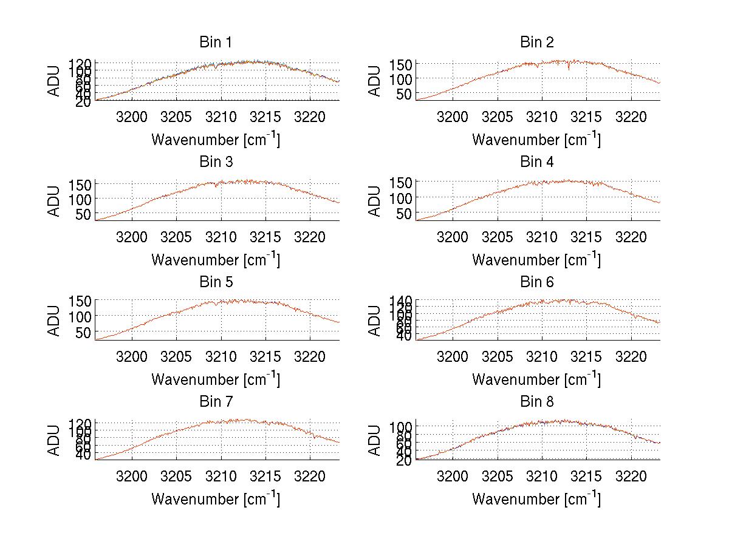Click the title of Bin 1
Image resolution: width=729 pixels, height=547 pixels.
(x=216, y=42)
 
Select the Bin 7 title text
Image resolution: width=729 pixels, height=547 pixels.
(x=216, y=402)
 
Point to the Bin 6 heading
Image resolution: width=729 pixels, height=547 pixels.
(x=537, y=282)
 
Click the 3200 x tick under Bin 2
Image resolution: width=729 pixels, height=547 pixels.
(x=453, y=117)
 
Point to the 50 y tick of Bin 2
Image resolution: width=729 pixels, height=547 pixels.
(x=405, y=94)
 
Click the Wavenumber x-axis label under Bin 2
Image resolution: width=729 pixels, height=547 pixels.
(x=537, y=139)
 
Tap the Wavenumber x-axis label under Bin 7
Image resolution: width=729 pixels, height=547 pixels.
(x=216, y=498)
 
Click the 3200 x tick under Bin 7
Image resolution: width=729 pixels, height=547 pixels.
(x=132, y=476)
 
